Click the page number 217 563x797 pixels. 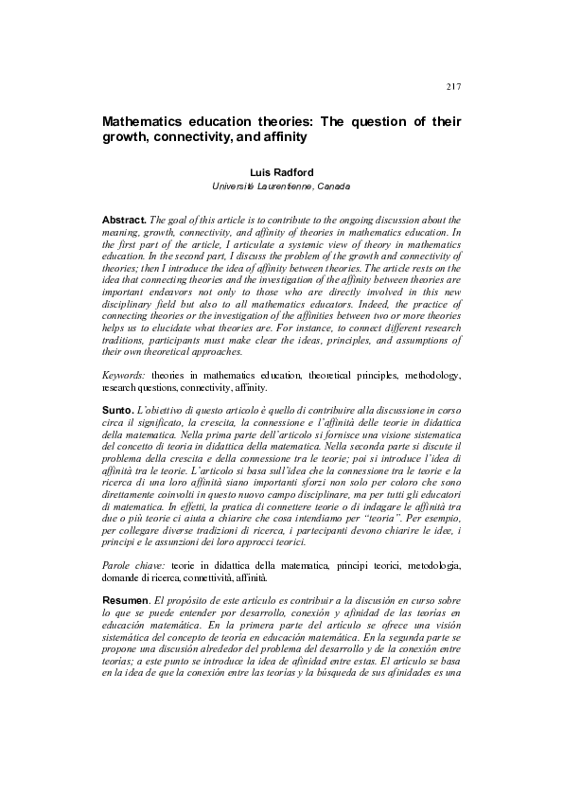(x=452, y=87)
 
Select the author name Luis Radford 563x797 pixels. (x=281, y=172)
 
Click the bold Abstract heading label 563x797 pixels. (x=123, y=220)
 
